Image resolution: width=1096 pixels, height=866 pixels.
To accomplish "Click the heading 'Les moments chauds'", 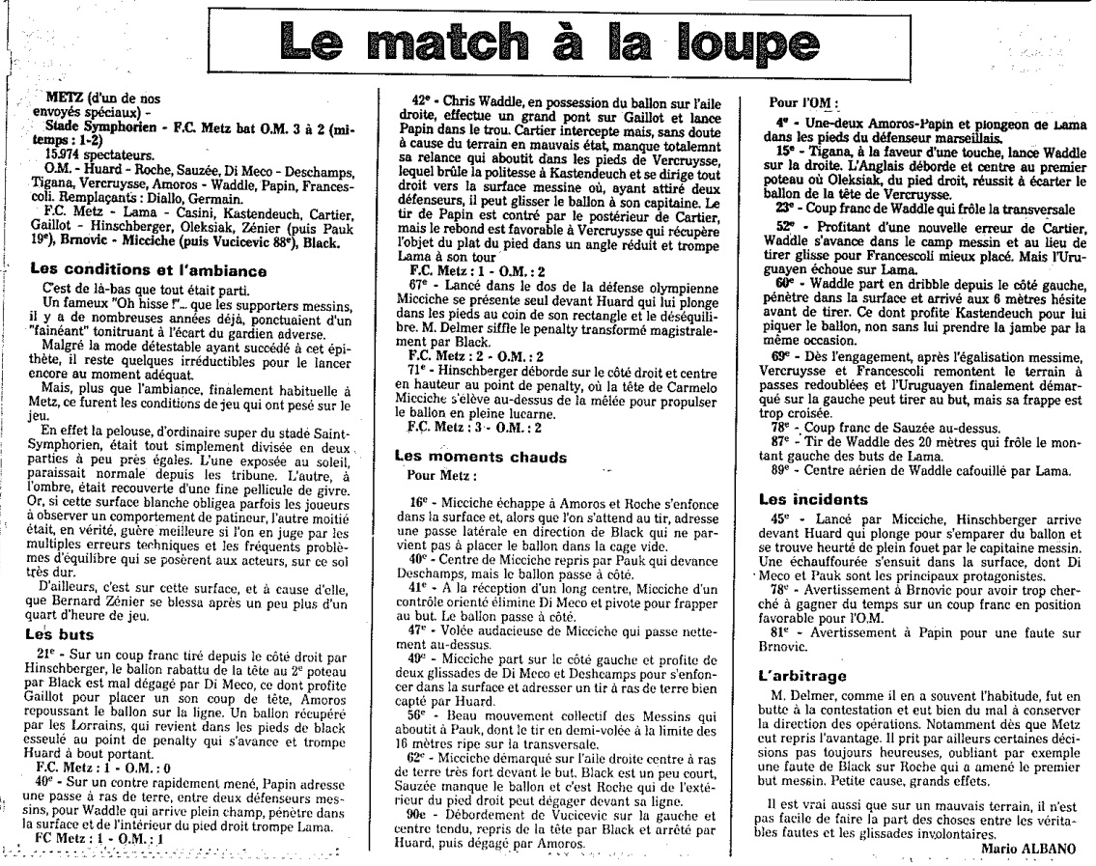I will tap(479, 457).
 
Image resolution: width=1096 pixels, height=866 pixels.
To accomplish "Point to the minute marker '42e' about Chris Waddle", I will tap(419, 98).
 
